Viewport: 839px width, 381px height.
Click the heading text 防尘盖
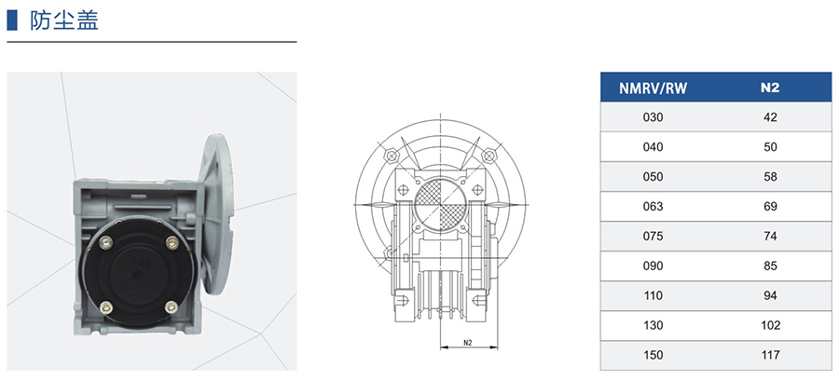coord(64,20)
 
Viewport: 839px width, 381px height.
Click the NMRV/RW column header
coord(653,88)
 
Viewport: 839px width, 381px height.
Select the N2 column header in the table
coord(770,88)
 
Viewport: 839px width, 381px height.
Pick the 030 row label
coord(653,117)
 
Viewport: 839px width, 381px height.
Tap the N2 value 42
coord(770,117)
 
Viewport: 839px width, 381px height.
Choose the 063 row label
coord(653,206)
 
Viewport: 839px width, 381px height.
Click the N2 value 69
coord(770,206)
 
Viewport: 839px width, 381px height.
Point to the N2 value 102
coord(770,325)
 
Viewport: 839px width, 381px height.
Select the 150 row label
coord(653,355)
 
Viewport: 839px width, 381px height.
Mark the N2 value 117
coord(770,355)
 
